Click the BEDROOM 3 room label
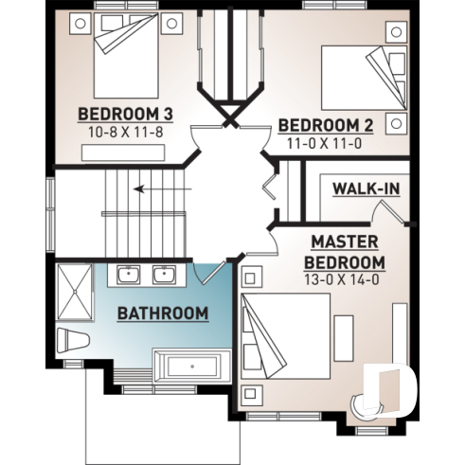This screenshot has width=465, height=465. (x=124, y=115)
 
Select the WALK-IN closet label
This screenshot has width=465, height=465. (x=365, y=188)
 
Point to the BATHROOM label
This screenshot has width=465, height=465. (x=162, y=313)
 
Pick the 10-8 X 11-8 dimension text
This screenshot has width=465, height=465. (x=124, y=132)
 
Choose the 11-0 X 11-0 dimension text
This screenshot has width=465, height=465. (x=324, y=142)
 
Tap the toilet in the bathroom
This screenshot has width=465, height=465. (x=72, y=339)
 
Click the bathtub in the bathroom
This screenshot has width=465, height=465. (x=190, y=366)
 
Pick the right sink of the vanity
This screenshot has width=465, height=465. (x=163, y=275)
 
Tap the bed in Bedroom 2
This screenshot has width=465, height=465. (x=358, y=74)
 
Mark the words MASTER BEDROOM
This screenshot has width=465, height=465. (x=345, y=251)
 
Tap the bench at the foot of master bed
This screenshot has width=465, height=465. (x=343, y=337)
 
